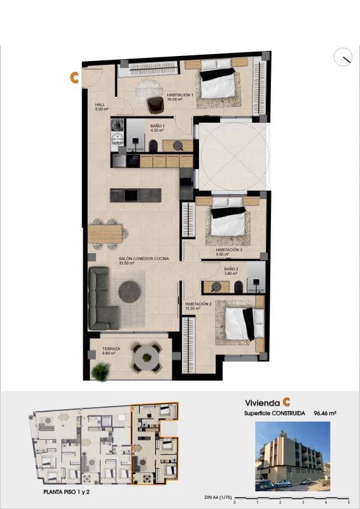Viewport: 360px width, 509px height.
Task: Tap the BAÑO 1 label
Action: coord(158,127)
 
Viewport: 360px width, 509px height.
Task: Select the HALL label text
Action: coord(100,106)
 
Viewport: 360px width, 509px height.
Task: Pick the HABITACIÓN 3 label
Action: coord(229,250)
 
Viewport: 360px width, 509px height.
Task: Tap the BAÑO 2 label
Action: coord(230,269)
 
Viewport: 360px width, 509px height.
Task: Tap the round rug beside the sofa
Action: coord(130,291)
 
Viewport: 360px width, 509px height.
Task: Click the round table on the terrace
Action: coord(147,358)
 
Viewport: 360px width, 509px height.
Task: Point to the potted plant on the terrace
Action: coord(100,372)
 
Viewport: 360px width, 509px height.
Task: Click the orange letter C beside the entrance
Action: coord(74,78)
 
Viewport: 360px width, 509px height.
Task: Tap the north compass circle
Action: coord(343,57)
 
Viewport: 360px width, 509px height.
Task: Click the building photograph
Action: coord(293,456)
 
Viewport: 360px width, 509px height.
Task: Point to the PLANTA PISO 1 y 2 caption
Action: coord(70,492)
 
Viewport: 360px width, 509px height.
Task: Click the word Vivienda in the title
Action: coord(263,402)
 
